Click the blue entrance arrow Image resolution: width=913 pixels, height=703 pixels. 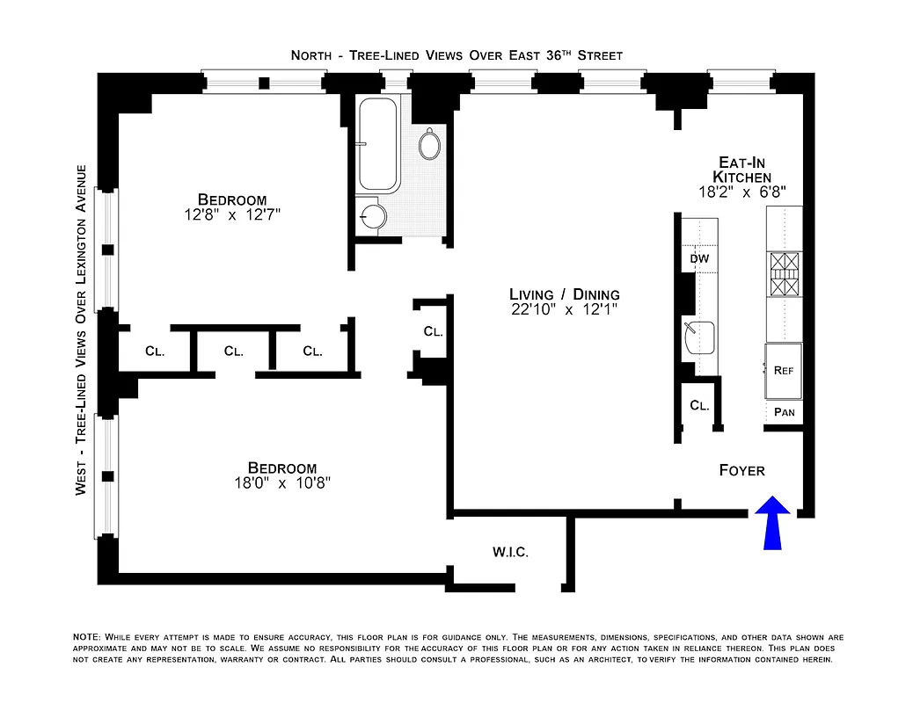pos(771,524)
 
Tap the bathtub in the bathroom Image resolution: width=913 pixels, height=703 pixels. pos(379,144)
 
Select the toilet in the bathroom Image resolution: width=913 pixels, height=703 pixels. pos(430,144)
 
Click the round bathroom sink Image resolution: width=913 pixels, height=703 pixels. pos(374,215)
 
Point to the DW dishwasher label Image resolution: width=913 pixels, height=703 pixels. pos(699,259)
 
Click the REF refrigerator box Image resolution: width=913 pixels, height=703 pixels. pos(783,371)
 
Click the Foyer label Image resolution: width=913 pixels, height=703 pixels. pos(741,470)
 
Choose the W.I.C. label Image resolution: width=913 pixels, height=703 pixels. pos(509,552)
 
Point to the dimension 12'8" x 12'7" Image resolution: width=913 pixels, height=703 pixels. pos(231,214)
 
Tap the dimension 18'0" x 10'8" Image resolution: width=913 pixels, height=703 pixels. pos(281,483)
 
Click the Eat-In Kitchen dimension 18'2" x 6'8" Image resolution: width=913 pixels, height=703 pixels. pos(741,191)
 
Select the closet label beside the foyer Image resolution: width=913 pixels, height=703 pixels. pos(699,406)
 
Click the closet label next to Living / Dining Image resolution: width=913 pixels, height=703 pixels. pos(432,332)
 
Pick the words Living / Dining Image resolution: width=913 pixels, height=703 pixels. pos(564,294)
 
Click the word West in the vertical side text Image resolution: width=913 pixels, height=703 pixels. pos(81,481)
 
